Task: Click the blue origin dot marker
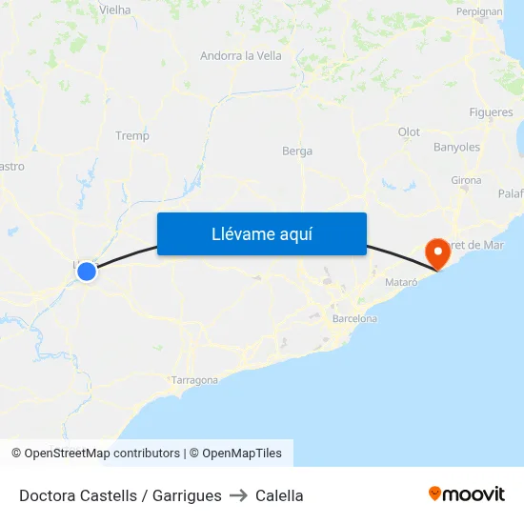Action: (x=87, y=272)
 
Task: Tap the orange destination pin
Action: (x=438, y=252)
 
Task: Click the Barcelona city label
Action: (x=353, y=319)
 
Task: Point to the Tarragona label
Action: (x=194, y=380)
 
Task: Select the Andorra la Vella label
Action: (x=241, y=56)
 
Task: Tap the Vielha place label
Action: (x=114, y=10)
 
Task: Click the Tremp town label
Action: (x=132, y=136)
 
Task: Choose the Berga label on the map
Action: (x=297, y=151)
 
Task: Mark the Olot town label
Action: (x=409, y=132)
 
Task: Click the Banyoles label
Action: (x=456, y=148)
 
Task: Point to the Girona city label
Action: (x=466, y=180)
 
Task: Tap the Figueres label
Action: (x=491, y=112)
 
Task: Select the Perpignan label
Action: (x=479, y=12)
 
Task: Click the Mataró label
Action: (x=401, y=283)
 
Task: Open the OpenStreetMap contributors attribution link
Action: (x=102, y=453)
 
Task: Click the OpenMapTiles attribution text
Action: (x=241, y=453)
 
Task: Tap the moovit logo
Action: (x=467, y=494)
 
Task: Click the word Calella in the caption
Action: (x=279, y=495)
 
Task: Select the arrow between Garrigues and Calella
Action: (x=238, y=495)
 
